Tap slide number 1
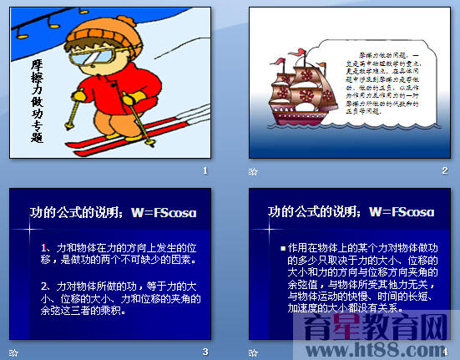tap(205, 170)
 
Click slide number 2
tap(445, 170)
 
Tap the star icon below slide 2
tap(254, 171)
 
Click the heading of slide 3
tap(114, 212)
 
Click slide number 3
tap(205, 351)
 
